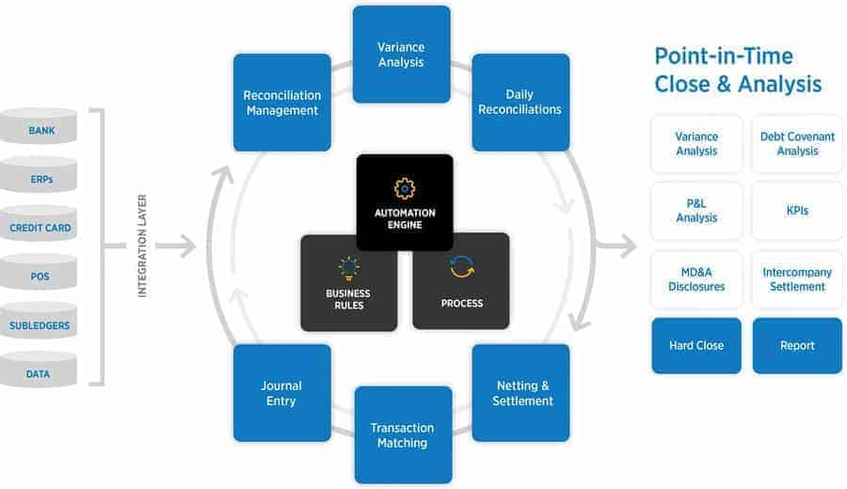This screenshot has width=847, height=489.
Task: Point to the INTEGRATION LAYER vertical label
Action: click(x=143, y=246)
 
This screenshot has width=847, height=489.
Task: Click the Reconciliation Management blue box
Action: click(x=282, y=103)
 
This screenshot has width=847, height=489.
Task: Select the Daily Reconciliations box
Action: click(x=520, y=103)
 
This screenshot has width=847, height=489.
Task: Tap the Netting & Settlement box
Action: click(x=520, y=392)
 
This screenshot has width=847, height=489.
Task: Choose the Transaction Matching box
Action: click(x=402, y=434)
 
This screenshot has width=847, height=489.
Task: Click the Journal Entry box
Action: click(x=282, y=392)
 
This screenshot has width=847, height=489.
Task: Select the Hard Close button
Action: click(x=696, y=345)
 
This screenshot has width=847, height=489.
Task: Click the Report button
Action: click(x=797, y=345)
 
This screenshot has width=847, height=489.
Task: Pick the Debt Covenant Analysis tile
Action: click(x=797, y=144)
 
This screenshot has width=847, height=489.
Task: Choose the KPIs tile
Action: click(x=797, y=212)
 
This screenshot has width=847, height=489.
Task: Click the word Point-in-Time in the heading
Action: click(x=724, y=55)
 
